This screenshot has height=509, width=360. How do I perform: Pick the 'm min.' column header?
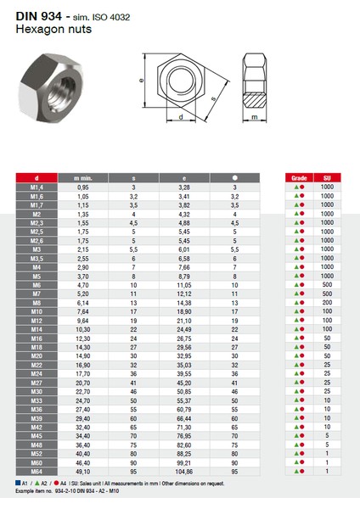pos(83,177)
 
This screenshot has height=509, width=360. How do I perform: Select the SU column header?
pos(327,177)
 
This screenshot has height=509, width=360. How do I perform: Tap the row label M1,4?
pos(37,186)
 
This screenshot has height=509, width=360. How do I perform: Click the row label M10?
pos(37,311)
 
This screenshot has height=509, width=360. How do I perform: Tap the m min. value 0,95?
pos(83,186)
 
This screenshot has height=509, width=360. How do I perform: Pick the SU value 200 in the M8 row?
pos(327,303)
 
